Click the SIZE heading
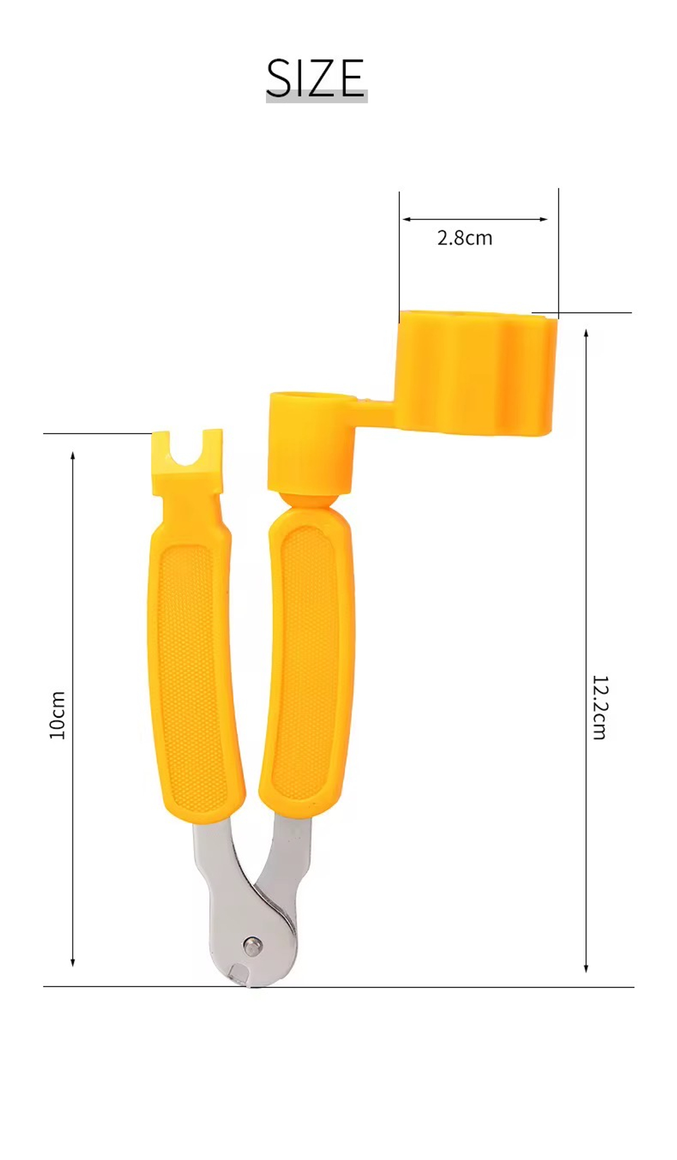[315, 79]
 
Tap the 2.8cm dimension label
[464, 238]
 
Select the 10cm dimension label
[58, 715]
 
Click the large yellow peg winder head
[476, 371]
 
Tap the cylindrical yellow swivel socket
[310, 441]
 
